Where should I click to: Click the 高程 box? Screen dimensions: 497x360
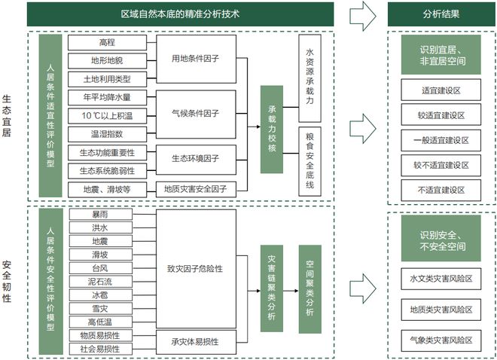pyautogui.click(x=107, y=42)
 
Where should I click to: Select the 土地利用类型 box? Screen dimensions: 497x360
pyautogui.click(x=107, y=79)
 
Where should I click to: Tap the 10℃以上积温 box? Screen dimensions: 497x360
pyautogui.click(x=107, y=116)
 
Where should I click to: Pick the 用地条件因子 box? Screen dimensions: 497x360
pyautogui.click(x=196, y=59)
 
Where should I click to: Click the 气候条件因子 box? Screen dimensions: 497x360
pyautogui.click(x=196, y=114)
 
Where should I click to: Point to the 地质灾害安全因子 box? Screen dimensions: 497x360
pyautogui.click(x=196, y=189)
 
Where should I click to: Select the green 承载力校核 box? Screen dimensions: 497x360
pyautogui.click(x=272, y=130)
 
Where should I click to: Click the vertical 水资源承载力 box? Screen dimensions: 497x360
pyautogui.click(x=309, y=78)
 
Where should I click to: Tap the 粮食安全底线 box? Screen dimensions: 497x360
pyautogui.click(x=309, y=162)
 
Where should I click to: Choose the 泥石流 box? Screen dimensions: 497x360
pyautogui.click(x=100, y=282)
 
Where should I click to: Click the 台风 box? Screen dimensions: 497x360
pyautogui.click(x=100, y=268)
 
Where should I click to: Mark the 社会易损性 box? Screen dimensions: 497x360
pyautogui.click(x=100, y=349)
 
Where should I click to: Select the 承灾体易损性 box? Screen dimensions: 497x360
pyautogui.click(x=196, y=342)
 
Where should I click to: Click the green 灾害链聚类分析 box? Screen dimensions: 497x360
pyautogui.click(x=272, y=288)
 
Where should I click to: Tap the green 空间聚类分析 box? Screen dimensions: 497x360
pyautogui.click(x=309, y=289)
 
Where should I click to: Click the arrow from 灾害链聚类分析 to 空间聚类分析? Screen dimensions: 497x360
pyautogui.click(x=291, y=291)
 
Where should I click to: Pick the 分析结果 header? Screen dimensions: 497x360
pyautogui.click(x=441, y=14)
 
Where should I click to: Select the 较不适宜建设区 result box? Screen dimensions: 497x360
pyautogui.click(x=441, y=166)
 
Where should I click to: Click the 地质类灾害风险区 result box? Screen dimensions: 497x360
pyautogui.click(x=441, y=310)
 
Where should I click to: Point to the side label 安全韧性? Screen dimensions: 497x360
pyautogui.click(x=7, y=282)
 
